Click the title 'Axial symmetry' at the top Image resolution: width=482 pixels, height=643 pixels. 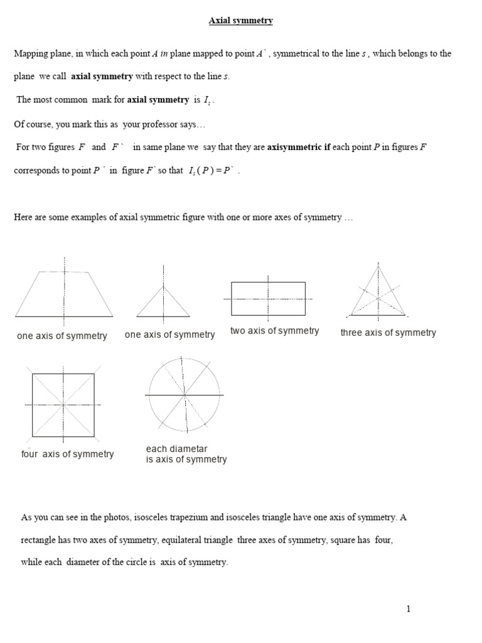tap(241, 21)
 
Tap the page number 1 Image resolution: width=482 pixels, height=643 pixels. tap(408, 608)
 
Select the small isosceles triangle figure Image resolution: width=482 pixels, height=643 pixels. tap(164, 301)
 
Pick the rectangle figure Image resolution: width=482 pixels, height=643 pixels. tap(269, 299)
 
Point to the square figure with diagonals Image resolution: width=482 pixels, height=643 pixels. tap(63, 404)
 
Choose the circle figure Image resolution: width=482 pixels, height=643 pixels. tap(185, 395)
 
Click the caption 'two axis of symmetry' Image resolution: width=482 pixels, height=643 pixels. tap(275, 331)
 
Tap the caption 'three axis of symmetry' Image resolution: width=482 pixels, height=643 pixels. tap(388, 333)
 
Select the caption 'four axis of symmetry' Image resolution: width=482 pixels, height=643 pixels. tap(68, 454)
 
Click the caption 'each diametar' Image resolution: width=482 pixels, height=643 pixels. tap(176, 449)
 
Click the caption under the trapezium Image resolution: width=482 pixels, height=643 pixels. tap(62, 336)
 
